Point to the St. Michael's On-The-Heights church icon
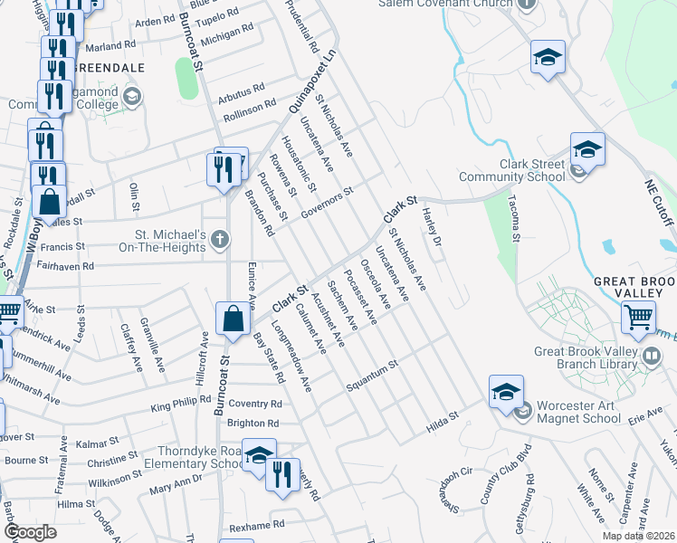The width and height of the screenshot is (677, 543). point(219,240)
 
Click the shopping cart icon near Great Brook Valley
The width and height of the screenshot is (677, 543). point(638,319)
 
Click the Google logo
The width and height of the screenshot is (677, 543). point(31,531)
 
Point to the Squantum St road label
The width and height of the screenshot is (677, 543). point(372,376)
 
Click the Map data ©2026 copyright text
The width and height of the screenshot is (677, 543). point(639,536)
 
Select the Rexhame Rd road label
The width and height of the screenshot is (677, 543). point(257,523)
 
